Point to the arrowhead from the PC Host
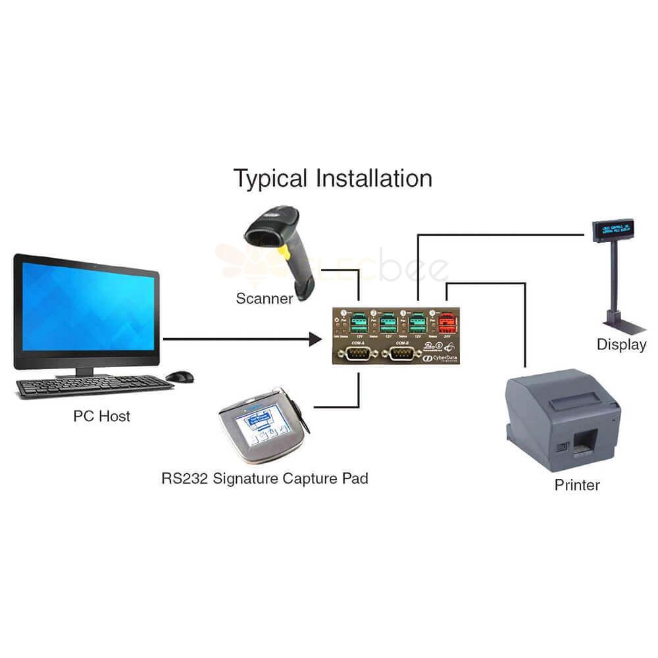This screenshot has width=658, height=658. tap(316, 340)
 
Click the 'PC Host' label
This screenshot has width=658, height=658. tap(101, 416)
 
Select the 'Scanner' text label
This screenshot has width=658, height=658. tap(265, 299)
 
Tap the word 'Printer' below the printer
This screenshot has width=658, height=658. tap(577, 486)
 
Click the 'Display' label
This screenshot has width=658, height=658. tap(621, 344)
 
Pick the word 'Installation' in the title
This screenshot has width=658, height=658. tap(374, 179)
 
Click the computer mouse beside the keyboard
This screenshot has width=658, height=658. tap(180, 376)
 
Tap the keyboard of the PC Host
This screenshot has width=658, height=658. tap(92, 385)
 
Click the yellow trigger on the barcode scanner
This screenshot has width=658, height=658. tap(286, 252)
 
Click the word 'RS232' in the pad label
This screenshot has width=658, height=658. tap(185, 478)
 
